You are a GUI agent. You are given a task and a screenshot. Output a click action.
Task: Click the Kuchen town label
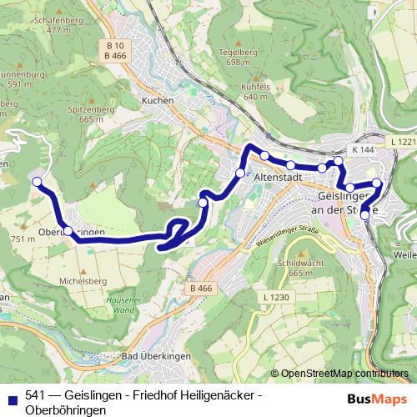click(158, 100)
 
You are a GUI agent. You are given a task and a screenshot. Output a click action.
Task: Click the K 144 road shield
click(363, 148)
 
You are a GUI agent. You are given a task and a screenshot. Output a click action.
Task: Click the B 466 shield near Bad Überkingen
click(199, 289)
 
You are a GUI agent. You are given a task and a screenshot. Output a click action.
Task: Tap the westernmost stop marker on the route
click(36, 181)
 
